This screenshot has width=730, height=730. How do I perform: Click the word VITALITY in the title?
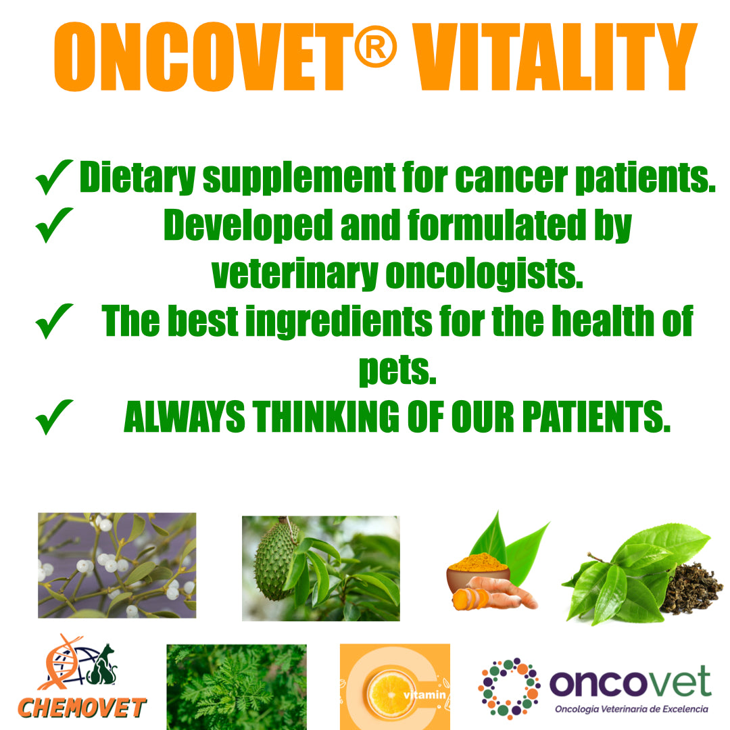(x=554, y=57)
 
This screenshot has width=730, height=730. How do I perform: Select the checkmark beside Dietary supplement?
(x=54, y=177)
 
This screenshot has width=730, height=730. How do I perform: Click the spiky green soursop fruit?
(x=276, y=559)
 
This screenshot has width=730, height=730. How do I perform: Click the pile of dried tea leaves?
(x=689, y=588)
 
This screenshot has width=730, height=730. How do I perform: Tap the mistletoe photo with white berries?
(x=116, y=565)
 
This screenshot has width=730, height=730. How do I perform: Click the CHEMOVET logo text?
(x=81, y=708)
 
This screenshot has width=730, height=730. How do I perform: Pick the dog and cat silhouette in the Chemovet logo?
(x=101, y=666)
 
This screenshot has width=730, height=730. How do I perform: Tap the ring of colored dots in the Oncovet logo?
(x=509, y=687)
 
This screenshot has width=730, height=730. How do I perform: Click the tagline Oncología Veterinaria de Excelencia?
(x=631, y=709)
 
